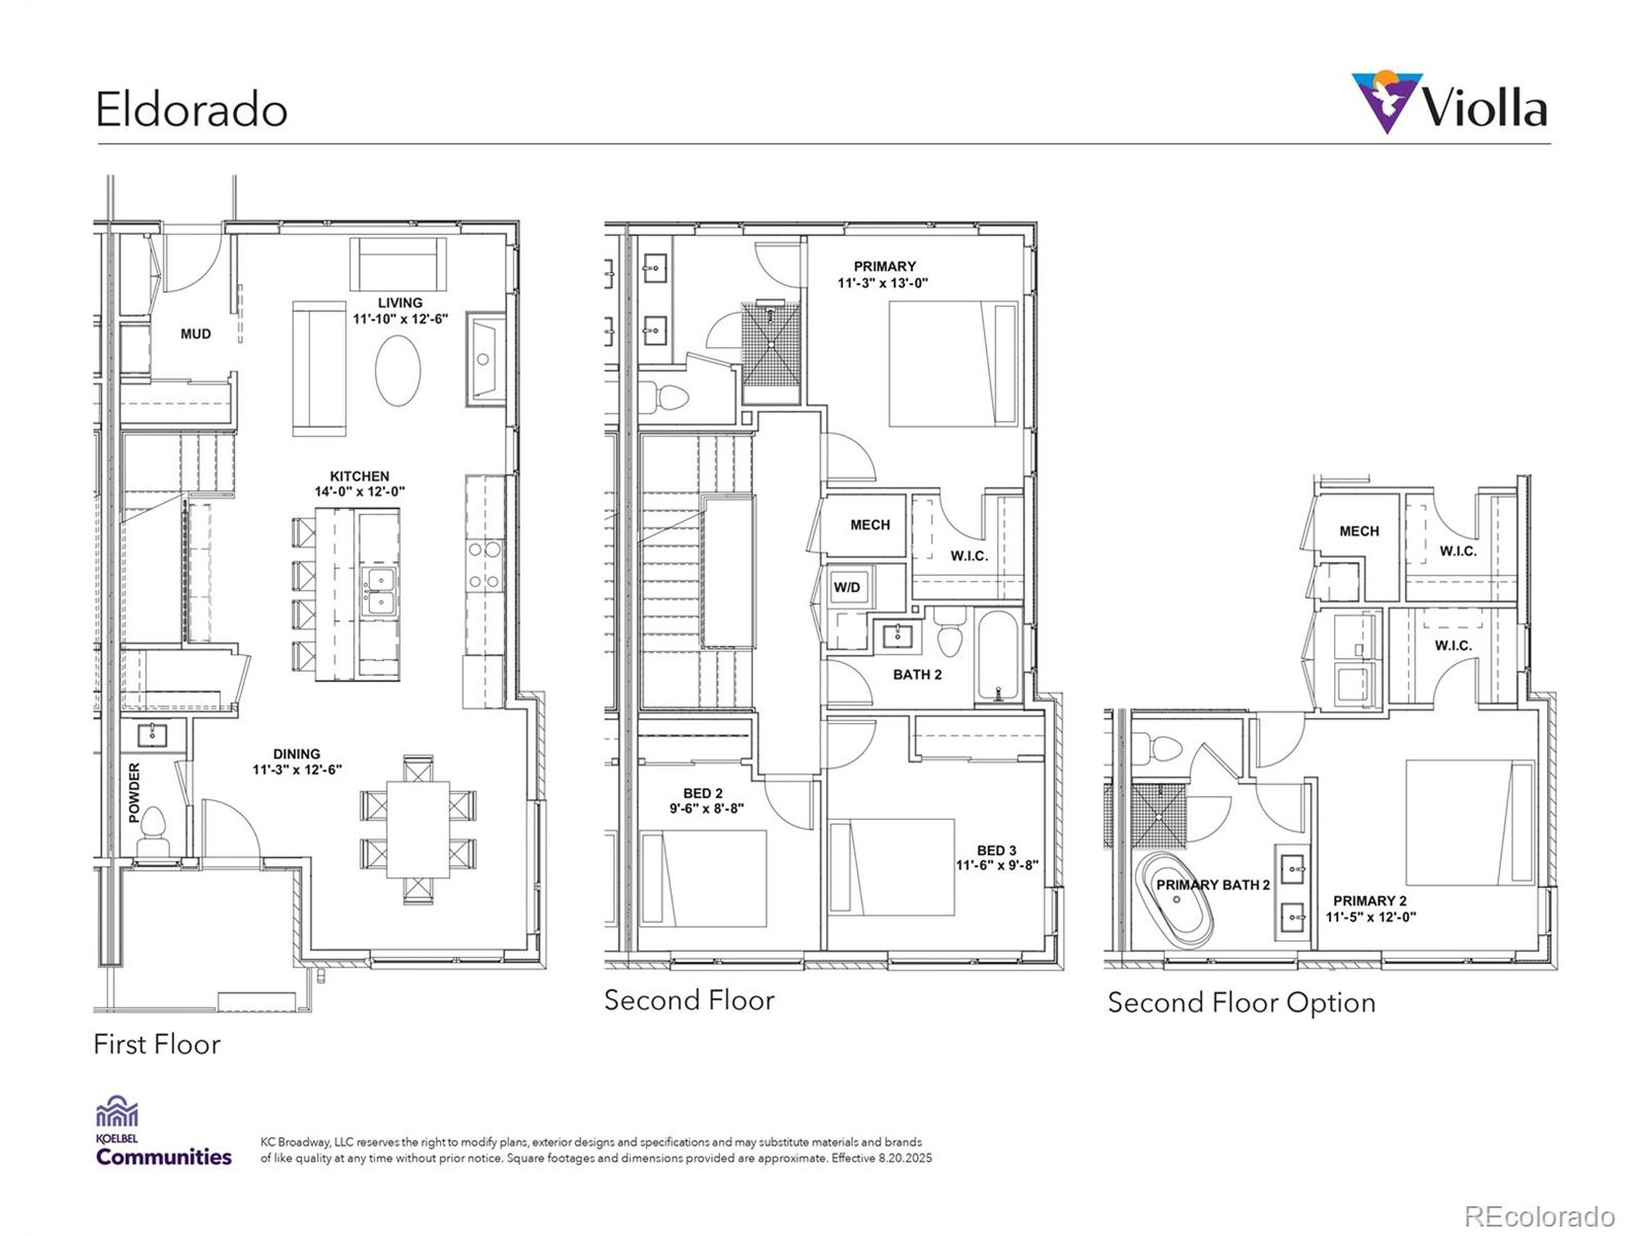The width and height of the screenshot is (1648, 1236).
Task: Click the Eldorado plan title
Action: pyautogui.click(x=191, y=109)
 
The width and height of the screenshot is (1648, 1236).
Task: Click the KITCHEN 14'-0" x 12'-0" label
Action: pyautogui.click(x=359, y=483)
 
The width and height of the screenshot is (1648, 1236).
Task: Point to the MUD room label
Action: pyautogui.click(x=195, y=333)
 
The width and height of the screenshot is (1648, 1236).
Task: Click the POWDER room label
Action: pyautogui.click(x=135, y=792)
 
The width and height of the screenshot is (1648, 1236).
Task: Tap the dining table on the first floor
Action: pyautogui.click(x=417, y=829)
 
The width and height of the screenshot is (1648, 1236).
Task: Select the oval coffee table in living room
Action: pyautogui.click(x=398, y=370)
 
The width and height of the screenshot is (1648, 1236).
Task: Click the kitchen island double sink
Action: pyautogui.click(x=379, y=591)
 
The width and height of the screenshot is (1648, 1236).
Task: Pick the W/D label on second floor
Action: pyautogui.click(x=847, y=587)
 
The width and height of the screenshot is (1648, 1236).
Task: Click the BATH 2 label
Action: pyautogui.click(x=917, y=674)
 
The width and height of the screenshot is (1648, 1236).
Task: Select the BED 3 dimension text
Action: pyautogui.click(x=997, y=865)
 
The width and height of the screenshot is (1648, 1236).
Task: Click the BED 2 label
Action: pyautogui.click(x=702, y=794)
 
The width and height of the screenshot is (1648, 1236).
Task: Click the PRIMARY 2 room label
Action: pyautogui.click(x=1369, y=901)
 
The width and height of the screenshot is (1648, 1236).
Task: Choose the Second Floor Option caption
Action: pyautogui.click(x=1241, y=1002)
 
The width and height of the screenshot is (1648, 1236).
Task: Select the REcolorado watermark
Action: pyautogui.click(x=1539, y=1216)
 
